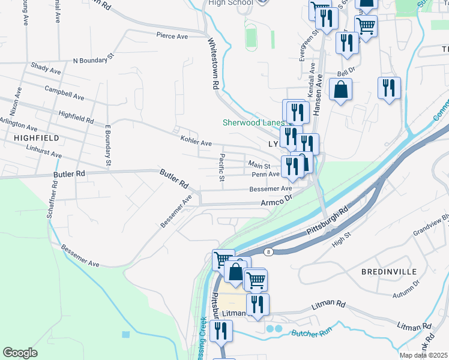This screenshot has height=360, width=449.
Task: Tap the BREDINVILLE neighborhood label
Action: [389, 272]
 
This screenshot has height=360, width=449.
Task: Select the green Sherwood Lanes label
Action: [252, 122]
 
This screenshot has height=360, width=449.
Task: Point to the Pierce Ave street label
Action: [172, 36]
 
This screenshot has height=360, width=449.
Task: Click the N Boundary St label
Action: [93, 59]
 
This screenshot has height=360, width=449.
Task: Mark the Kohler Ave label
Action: [196, 143]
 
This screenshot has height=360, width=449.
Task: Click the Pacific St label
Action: [221, 169]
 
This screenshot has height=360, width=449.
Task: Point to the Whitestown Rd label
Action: [211, 64]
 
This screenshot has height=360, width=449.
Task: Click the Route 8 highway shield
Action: [271, 252]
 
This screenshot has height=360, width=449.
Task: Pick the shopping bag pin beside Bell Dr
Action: [340, 90]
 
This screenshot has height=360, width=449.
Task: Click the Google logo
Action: [20, 352]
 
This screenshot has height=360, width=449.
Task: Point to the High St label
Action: [341, 242]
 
